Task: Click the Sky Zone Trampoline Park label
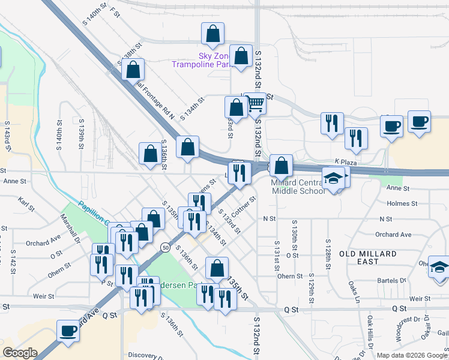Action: tap(201, 59)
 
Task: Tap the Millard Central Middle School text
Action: tap(298, 187)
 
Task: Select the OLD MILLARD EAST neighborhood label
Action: tap(367, 257)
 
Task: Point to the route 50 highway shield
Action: tap(164, 247)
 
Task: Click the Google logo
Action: tap(20, 353)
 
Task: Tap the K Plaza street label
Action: tap(346, 163)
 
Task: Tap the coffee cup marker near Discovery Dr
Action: tap(68, 330)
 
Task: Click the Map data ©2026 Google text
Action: tap(411, 355)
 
